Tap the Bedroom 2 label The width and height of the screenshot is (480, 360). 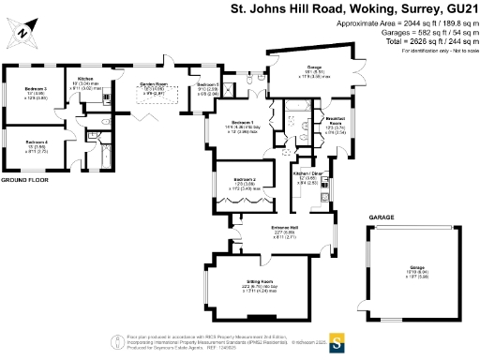click(x=246, y=181)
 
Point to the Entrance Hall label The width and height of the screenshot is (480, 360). click(x=282, y=228)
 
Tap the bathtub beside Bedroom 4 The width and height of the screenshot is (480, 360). click(x=104, y=156)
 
